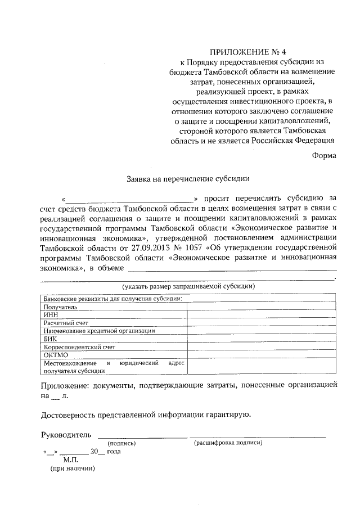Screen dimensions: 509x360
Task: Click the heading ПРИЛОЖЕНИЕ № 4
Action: click(252, 52)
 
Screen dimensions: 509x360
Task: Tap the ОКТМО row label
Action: click(55, 355)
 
